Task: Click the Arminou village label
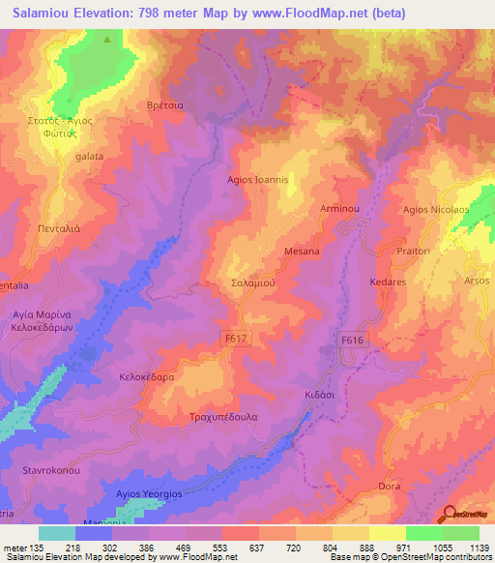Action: pyautogui.click(x=339, y=208)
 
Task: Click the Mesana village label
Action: pyautogui.click(x=302, y=252)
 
